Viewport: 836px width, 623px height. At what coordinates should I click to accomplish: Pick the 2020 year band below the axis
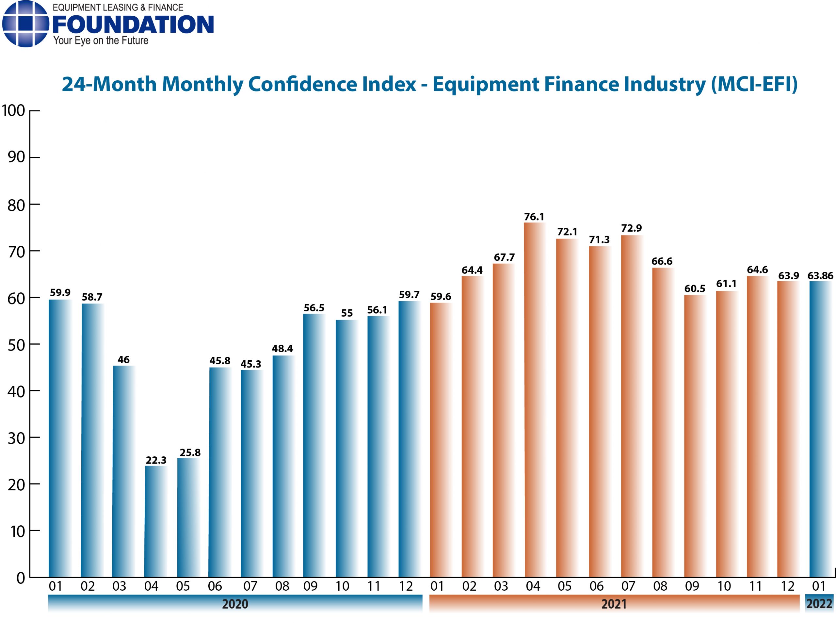[x=235, y=604]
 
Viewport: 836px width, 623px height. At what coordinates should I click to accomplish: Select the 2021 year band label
[x=614, y=604]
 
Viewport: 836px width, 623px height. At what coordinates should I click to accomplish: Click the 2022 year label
[x=819, y=604]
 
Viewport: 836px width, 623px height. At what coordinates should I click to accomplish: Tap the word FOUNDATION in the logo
[x=133, y=25]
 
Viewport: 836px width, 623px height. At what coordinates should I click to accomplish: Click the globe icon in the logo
[x=25, y=24]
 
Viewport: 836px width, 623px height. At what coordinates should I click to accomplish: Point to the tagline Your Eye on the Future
[x=101, y=41]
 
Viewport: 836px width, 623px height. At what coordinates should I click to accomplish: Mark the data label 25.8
[x=190, y=452]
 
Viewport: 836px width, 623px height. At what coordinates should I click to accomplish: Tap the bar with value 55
[x=346, y=449]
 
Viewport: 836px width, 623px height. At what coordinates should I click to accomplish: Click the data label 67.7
[x=504, y=257]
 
